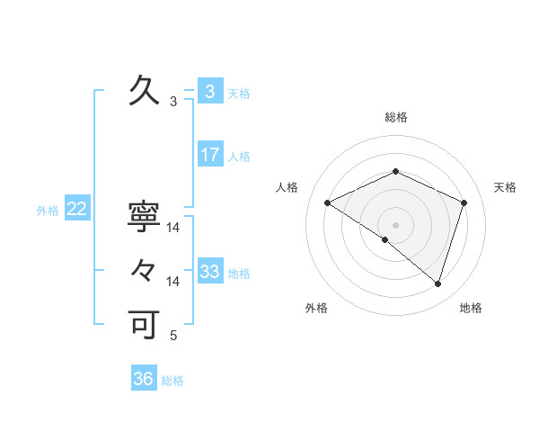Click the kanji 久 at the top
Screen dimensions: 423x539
pos(144,91)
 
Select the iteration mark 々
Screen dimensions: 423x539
pos(144,269)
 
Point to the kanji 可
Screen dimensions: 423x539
pos(144,324)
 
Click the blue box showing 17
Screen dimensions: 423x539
pos(209,155)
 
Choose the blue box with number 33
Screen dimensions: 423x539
pos(209,272)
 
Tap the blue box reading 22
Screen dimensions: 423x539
pos(76,210)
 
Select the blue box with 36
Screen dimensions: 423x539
pos(143,379)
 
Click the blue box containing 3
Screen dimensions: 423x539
pos(209,91)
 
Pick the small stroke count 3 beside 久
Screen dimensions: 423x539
pos(173,103)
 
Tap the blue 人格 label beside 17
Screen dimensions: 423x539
pos(239,157)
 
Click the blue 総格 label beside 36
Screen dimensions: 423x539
pos(172,381)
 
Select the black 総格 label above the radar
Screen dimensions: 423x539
pos(395,117)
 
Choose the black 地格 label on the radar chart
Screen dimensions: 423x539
pos(471,308)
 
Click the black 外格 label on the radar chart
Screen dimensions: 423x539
pos(316,308)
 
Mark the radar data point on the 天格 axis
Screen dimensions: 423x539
pos(464,202)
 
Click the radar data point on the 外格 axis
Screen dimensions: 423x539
pos(385,239)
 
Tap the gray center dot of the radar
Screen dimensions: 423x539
pos(395,224)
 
